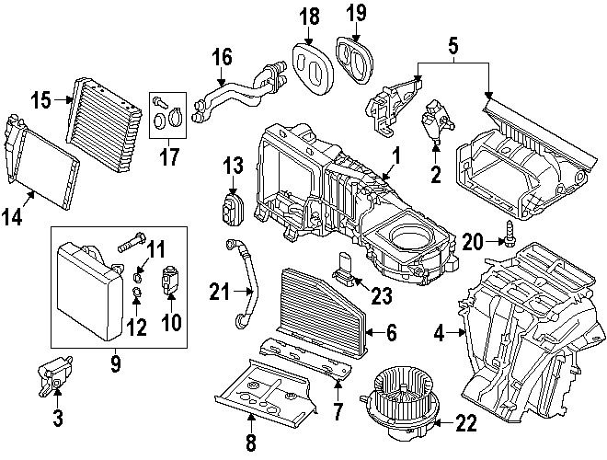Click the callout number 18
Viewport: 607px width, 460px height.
309,16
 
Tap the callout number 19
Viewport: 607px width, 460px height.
355,14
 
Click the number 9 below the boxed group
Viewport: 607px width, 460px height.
116,364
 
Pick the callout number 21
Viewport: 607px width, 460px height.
217,293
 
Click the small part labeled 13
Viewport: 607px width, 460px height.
230,208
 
